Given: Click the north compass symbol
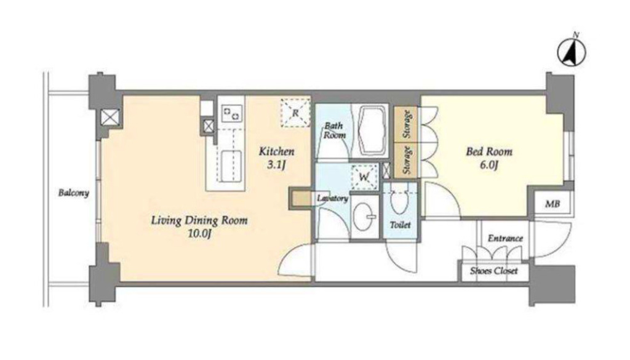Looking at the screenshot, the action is click(x=572, y=52).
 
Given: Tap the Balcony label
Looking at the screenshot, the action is click(x=74, y=193).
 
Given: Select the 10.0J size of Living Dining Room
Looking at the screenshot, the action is click(x=200, y=234).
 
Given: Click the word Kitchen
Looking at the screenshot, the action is click(x=276, y=151).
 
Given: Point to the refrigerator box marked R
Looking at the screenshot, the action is click(x=295, y=113).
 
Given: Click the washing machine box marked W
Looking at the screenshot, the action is click(x=364, y=177).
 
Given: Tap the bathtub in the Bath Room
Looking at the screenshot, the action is click(x=372, y=130).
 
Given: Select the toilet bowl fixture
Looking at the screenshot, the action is click(x=399, y=201).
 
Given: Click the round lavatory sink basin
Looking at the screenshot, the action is click(x=364, y=217).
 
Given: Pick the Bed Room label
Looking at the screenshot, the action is click(x=489, y=151).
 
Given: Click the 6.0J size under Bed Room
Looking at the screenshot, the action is click(x=489, y=165).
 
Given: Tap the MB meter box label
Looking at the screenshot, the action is click(x=552, y=204).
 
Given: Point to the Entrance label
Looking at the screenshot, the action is click(x=506, y=238).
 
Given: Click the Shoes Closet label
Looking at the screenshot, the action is click(x=494, y=271).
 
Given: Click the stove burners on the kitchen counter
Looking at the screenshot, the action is click(x=231, y=113).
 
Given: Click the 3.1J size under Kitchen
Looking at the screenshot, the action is click(x=276, y=165).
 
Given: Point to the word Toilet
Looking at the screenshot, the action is click(x=400, y=225).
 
